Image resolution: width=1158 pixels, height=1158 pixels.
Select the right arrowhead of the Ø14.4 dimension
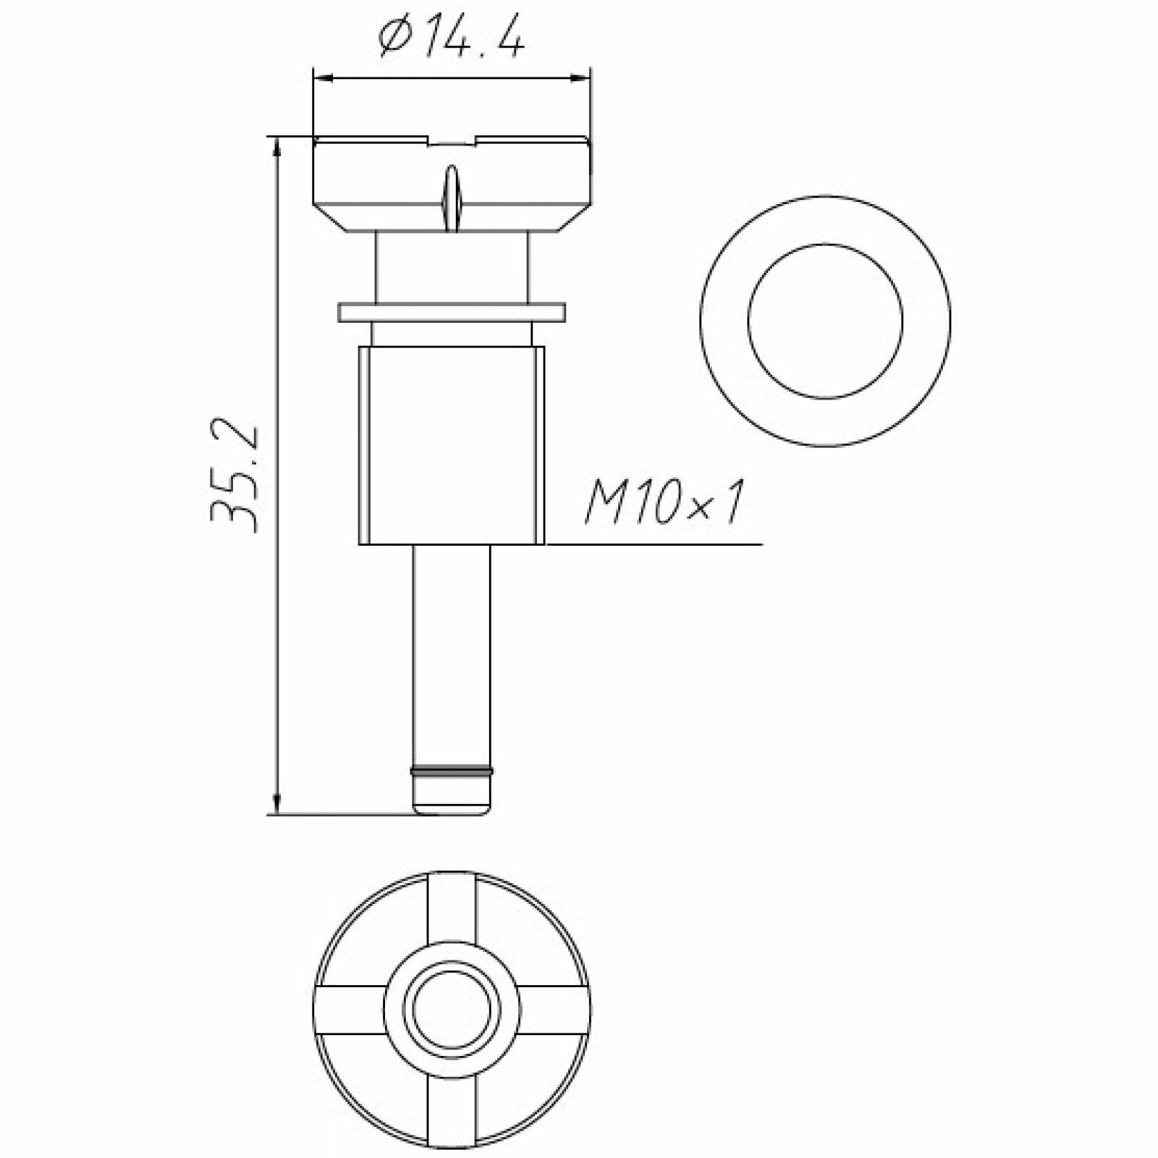[580, 77]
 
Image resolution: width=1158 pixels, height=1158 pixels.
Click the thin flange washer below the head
[452, 312]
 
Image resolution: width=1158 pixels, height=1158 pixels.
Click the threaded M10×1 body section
[452, 445]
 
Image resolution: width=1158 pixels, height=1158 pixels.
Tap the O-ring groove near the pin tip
[452, 770]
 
